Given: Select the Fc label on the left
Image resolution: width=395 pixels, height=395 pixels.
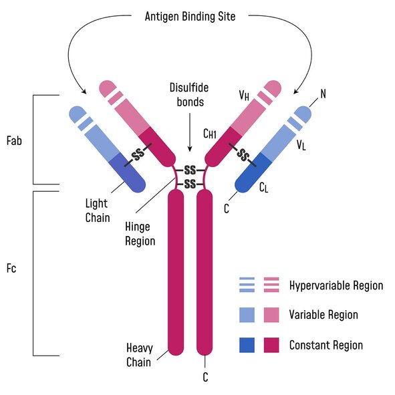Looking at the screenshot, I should pos(11,270).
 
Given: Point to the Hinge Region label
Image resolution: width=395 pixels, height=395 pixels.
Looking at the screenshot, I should pos(140,234).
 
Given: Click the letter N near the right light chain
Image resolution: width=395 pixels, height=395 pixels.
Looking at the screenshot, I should pos(323,93).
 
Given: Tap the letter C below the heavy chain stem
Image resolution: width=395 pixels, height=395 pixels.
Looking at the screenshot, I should pos(205,377).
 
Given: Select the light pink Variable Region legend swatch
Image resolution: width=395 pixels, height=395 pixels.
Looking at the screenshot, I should pos(272,314).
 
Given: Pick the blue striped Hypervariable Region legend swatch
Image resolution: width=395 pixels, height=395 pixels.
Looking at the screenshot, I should pos(248,285).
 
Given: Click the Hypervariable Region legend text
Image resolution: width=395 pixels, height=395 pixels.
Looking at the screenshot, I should pos(336,285).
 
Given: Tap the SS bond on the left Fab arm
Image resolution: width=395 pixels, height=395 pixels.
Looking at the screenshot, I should pos(138,155).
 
